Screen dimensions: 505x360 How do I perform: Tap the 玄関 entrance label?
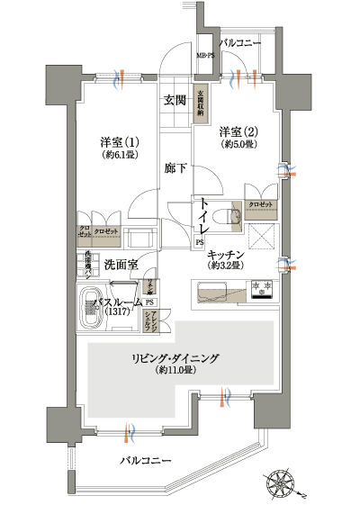click(x=175, y=100)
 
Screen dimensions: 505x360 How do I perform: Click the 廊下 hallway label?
click(x=175, y=167)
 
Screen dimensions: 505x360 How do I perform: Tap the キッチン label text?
click(x=228, y=255)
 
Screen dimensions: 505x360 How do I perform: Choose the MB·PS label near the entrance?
click(x=206, y=57)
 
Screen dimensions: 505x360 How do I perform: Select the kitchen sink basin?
click(x=212, y=292)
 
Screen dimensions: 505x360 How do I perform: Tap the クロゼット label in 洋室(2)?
click(x=261, y=204)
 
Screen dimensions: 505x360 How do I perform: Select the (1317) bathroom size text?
click(x=117, y=312)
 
